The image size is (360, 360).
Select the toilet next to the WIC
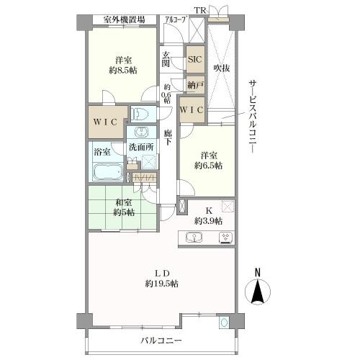coord(141,114)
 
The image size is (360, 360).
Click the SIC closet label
coord(194,60)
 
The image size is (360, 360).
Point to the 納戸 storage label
coord(194,85)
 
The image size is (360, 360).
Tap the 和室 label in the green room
coord(123,203)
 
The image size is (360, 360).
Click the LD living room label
coord(163,272)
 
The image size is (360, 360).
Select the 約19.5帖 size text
coord(163,283)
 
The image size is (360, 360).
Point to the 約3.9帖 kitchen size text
coord(210,220)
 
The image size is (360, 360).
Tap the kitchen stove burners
coord(225,238)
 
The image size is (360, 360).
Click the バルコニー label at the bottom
coord(161,340)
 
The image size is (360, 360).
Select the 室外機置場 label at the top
coord(123,19)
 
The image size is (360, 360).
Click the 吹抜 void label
coord(221,69)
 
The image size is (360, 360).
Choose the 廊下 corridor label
coord(167,137)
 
